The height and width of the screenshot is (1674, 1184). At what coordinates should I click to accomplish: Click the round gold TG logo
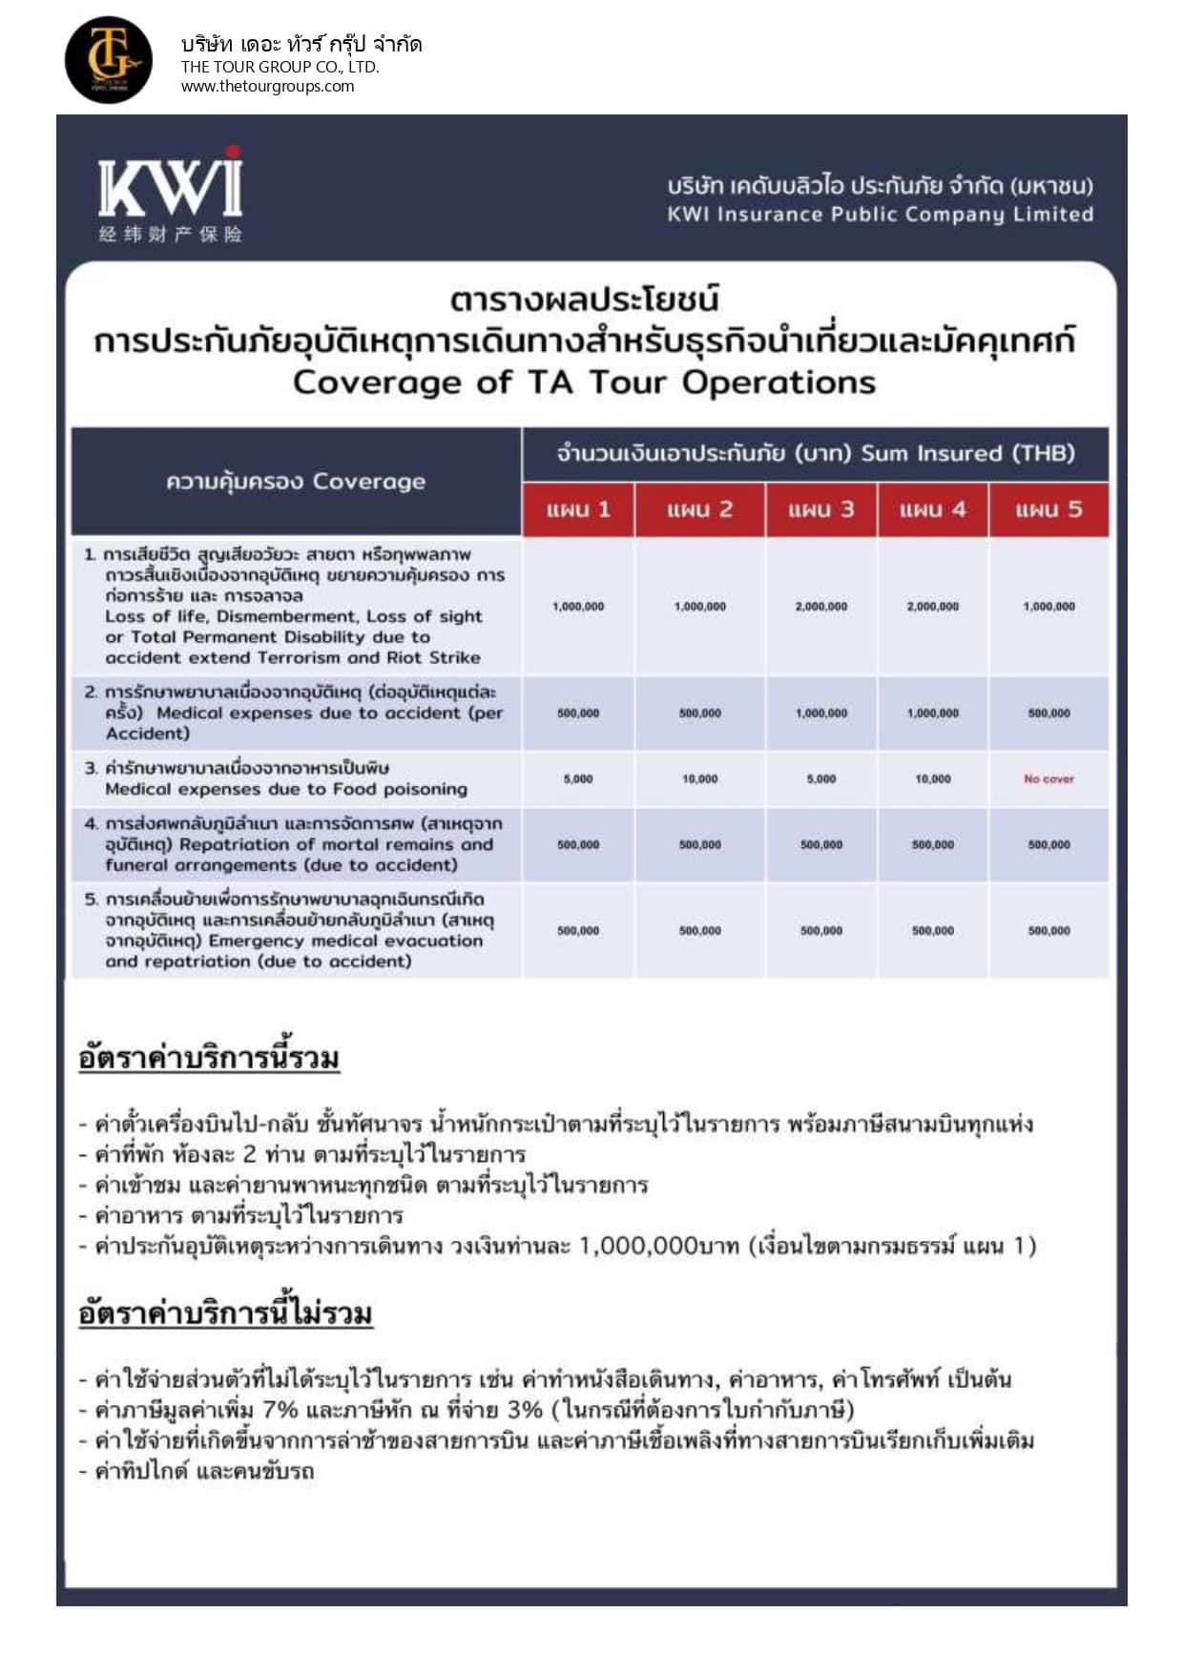108,59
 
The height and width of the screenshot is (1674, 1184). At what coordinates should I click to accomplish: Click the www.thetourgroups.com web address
267,86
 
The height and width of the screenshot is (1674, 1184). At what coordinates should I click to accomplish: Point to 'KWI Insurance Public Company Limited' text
880,214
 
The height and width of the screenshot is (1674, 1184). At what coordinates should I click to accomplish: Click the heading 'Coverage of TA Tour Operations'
584,382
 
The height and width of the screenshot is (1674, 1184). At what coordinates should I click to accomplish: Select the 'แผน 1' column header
578,509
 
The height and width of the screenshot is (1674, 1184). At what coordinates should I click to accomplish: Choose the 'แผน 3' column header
820,509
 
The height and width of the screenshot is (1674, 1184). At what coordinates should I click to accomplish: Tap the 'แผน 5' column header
1049,509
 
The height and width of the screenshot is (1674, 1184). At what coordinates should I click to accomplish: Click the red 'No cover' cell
1049,779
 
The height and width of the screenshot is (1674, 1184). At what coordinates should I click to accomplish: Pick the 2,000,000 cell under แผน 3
820,607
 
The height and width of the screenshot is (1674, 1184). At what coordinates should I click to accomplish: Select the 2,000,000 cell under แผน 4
932,607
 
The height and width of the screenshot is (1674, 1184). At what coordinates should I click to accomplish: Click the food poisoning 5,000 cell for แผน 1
578,779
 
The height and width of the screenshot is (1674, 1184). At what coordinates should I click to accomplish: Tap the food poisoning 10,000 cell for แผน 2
699,779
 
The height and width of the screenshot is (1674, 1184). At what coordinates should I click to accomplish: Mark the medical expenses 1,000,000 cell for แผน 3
820,713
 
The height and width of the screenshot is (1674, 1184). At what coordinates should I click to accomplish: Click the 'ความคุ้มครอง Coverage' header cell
296,482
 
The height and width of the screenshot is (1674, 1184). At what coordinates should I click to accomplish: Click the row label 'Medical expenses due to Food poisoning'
286,790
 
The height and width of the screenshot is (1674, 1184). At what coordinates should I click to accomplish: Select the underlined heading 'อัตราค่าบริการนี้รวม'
209,1058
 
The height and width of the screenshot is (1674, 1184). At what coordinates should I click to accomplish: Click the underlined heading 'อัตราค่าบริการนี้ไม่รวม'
225,1313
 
